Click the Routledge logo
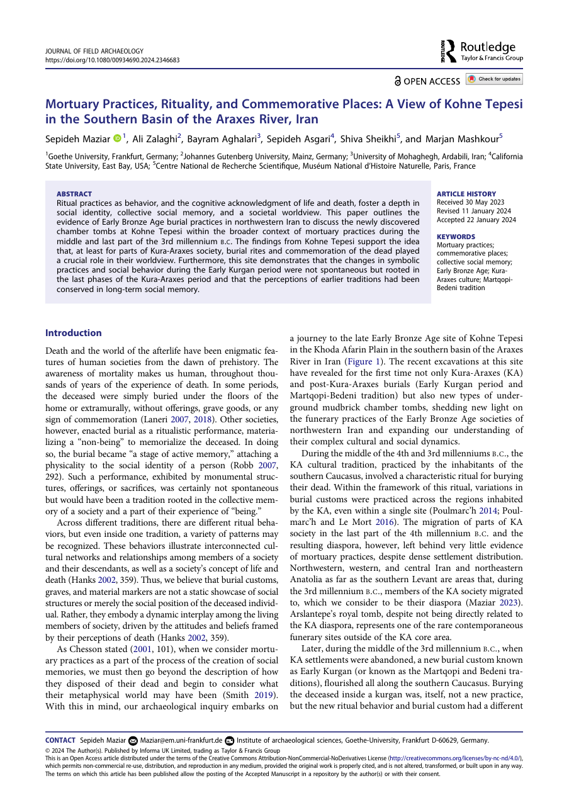[x=482, y=51]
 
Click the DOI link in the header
[x=113, y=60]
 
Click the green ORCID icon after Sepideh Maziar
[x=116, y=138]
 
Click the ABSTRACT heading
[x=74, y=194]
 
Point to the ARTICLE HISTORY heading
[x=466, y=194]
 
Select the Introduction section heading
[x=74, y=333]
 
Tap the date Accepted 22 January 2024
[x=476, y=220]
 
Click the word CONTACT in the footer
[x=60, y=740]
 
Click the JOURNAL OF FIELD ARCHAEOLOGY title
[x=94, y=51]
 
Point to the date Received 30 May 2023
[x=470, y=202]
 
